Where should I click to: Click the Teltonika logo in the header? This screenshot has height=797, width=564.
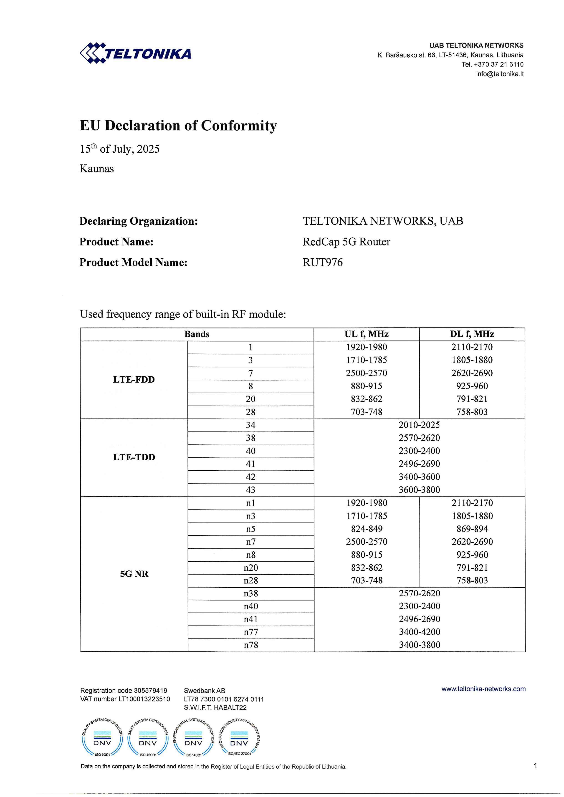coord(135,53)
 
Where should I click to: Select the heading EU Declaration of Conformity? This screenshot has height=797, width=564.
coord(178,126)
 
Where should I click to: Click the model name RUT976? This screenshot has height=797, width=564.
coord(322,262)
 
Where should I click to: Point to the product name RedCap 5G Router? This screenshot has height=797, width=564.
coord(346,242)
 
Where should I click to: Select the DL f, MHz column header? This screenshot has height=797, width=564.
coord(472,334)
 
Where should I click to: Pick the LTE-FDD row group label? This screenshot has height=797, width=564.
coord(134,379)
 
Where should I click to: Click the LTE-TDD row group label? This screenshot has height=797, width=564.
coord(134,457)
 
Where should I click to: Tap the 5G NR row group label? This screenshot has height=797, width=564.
coord(134,574)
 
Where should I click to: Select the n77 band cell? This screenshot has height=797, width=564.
coord(251,632)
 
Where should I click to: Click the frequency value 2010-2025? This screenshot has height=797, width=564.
coord(419,425)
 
